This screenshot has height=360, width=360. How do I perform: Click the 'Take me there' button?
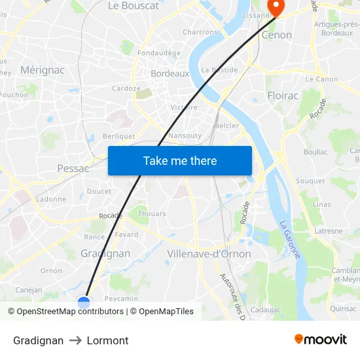[x=180, y=160]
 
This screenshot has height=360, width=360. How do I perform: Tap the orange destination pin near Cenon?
[x=276, y=8]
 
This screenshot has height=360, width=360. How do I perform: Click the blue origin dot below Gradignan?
[x=84, y=302]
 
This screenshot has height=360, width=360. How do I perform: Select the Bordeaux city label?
[x=170, y=74]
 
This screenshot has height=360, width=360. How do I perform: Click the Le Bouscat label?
[x=133, y=6]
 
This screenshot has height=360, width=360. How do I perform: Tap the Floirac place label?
[x=283, y=96]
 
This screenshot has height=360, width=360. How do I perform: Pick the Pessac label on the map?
[x=73, y=168]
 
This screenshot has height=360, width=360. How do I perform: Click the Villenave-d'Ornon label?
[x=209, y=254]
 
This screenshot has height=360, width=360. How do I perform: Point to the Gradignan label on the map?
[x=105, y=253]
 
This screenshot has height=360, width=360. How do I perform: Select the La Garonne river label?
[x=289, y=239]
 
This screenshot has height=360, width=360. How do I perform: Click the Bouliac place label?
[x=315, y=152]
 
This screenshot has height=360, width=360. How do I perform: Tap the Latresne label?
[x=328, y=231]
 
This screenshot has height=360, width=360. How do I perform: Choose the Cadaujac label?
[x=265, y=309]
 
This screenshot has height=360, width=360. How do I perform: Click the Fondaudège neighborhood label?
[x=159, y=53]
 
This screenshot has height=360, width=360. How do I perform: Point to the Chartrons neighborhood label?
[x=200, y=32]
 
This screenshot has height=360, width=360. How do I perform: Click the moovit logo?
[x=321, y=339]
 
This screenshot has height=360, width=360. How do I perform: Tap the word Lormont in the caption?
[x=107, y=340]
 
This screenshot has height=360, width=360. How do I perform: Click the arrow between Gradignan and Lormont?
[x=75, y=340]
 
